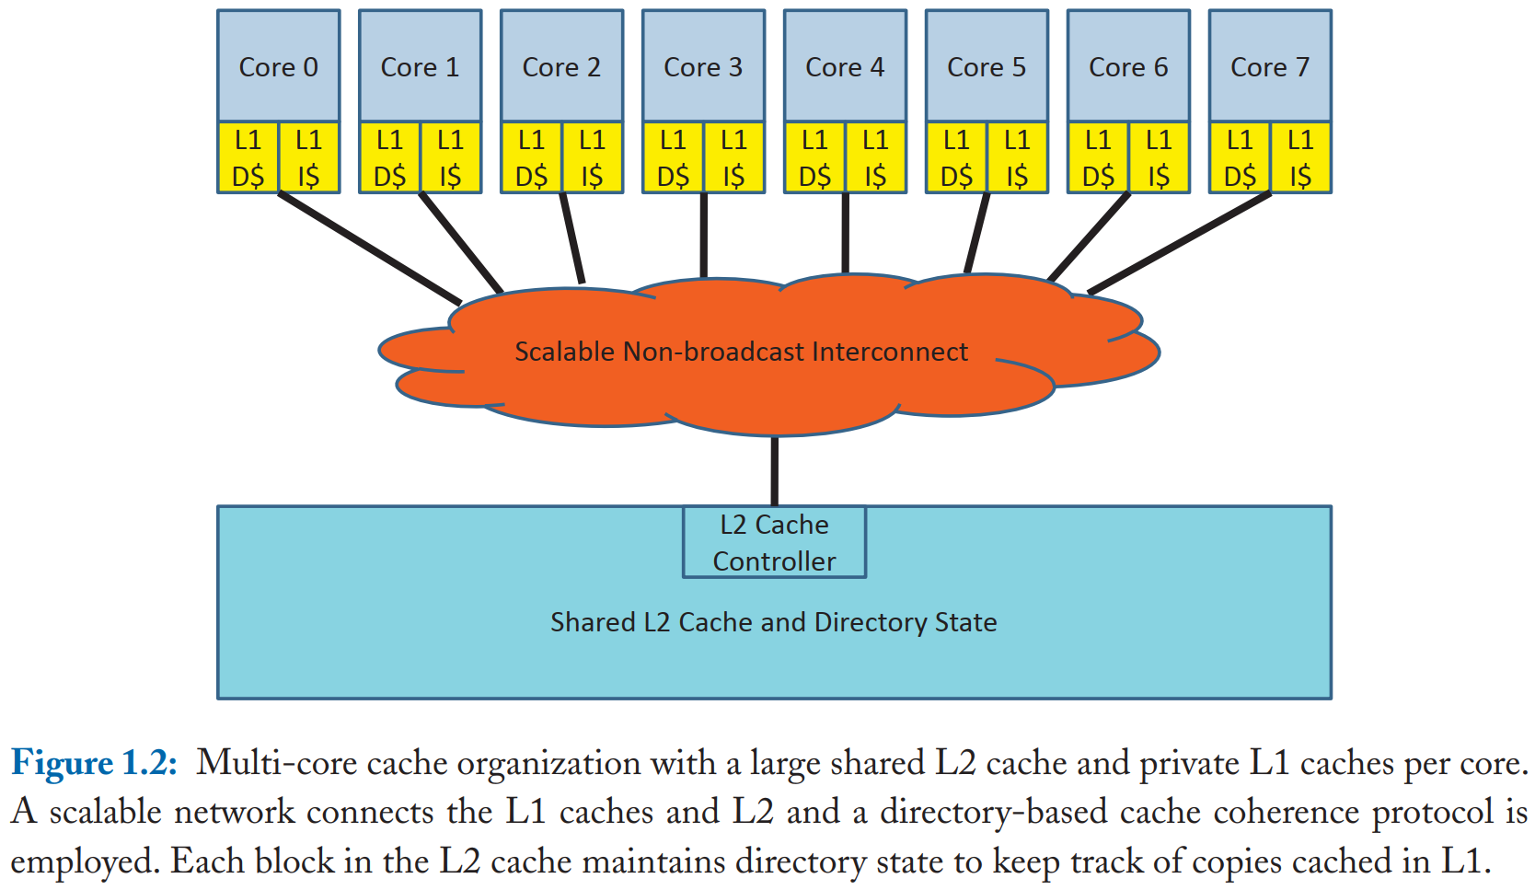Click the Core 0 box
(278, 66)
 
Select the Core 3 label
(703, 67)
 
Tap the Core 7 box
(1269, 66)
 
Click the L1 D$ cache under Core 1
(389, 158)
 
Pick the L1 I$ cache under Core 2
(592, 158)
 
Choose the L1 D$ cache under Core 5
(956, 158)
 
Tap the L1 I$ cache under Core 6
(1159, 158)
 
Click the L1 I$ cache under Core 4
(875, 158)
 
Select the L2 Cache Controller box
(774, 543)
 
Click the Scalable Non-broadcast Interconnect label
(741, 352)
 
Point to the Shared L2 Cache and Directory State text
(773, 622)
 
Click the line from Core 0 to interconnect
(368, 247)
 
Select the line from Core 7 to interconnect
(1181, 243)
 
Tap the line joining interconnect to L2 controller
(774, 469)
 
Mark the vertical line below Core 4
(845, 232)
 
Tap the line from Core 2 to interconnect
(571, 237)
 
